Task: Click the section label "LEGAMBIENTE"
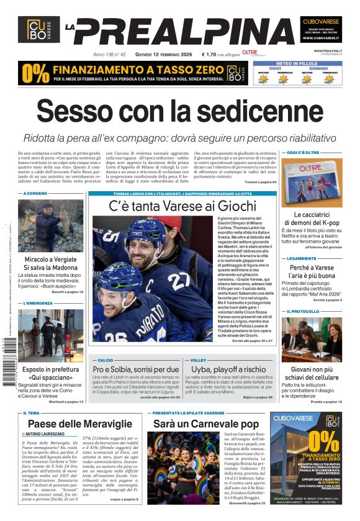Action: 302,258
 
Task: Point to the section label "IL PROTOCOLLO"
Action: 304,311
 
